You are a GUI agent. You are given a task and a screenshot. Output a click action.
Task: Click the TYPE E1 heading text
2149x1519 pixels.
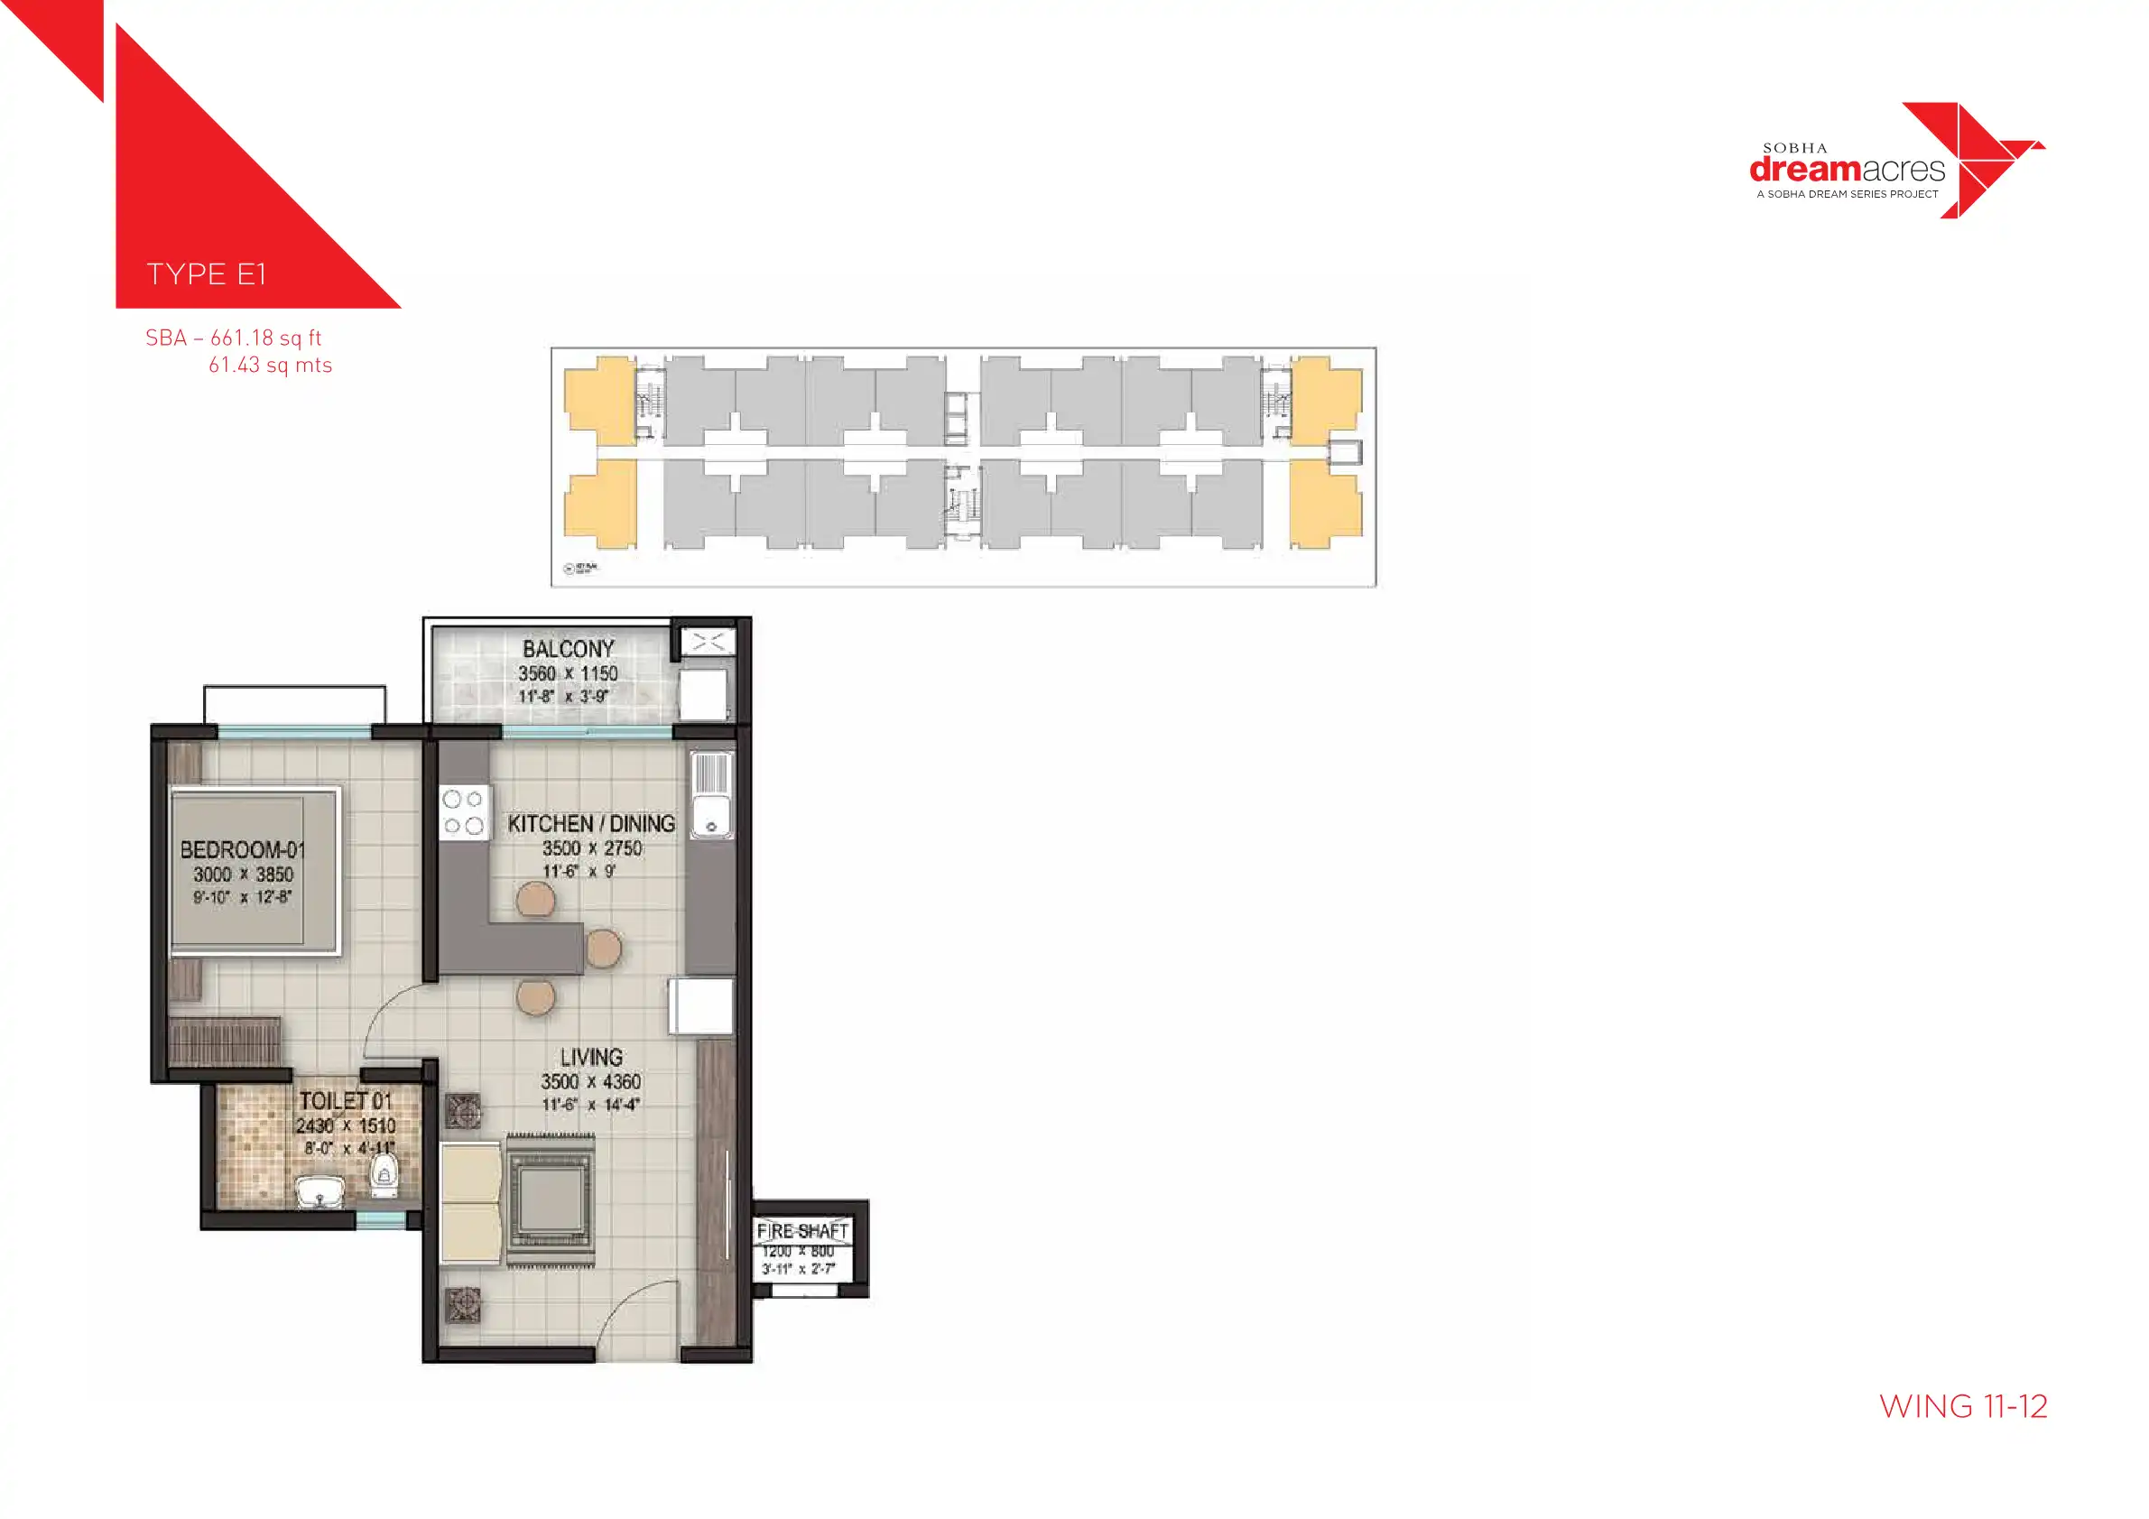click(x=206, y=274)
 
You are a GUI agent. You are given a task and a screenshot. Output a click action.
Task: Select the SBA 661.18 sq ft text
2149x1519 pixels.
click(x=233, y=338)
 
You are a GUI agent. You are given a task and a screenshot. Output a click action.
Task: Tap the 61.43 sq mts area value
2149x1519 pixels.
click(x=270, y=366)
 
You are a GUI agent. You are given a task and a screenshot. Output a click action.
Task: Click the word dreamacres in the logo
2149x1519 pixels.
click(x=1846, y=171)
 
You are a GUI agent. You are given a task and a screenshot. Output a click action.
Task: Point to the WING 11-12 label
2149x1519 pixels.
click(x=1962, y=1407)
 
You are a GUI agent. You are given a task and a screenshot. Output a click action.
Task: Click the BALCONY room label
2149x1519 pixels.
click(x=568, y=649)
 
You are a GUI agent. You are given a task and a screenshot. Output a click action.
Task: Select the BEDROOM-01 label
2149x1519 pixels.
click(x=243, y=850)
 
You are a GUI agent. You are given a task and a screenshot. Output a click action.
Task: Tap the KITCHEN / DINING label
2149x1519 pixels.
click(x=590, y=824)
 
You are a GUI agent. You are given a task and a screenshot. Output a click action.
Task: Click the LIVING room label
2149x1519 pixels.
click(x=590, y=1058)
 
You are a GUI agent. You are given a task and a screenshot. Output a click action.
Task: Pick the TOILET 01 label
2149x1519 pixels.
click(x=345, y=1100)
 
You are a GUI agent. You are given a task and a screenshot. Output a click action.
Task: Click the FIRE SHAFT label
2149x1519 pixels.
click(x=802, y=1231)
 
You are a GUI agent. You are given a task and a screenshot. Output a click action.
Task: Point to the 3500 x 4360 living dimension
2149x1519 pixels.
click(x=590, y=1082)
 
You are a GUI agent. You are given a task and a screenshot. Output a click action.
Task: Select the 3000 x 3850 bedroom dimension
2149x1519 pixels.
click(x=243, y=875)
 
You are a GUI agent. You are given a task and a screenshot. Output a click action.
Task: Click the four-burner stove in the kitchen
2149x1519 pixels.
click(x=463, y=812)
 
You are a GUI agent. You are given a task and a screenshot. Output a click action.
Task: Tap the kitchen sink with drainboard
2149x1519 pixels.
click(x=710, y=795)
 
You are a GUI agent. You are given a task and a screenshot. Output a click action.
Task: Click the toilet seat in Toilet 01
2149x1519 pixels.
click(x=384, y=1173)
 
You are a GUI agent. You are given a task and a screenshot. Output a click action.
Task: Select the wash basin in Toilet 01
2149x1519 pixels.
click(x=320, y=1192)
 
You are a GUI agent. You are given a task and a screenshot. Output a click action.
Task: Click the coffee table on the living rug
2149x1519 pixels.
click(x=551, y=1199)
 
